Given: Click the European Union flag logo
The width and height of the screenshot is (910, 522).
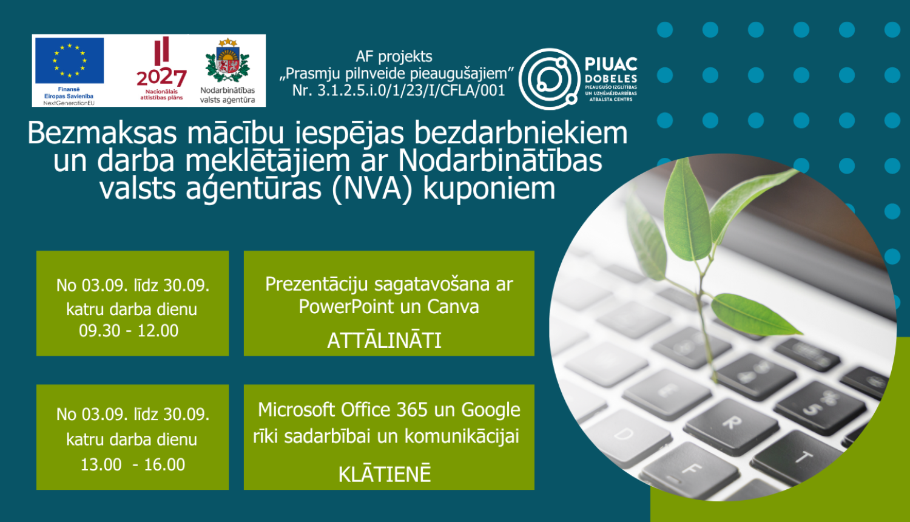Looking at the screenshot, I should [69, 60].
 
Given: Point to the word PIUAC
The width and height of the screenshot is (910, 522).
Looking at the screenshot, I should [611, 64].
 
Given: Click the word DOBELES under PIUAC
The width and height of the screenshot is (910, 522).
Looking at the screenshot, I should [611, 79].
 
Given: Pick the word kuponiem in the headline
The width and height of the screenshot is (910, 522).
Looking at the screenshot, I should [489, 189].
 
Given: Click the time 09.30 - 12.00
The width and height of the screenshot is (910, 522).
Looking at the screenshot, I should [129, 331].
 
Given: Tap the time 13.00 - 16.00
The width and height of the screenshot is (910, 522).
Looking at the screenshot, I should [133, 465].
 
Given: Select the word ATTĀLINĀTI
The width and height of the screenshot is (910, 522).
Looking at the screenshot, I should [385, 341].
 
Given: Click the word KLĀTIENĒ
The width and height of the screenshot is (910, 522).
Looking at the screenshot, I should [385, 474].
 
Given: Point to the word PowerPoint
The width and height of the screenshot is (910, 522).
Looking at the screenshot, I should [347, 307].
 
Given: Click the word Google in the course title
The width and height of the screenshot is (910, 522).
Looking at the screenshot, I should [491, 410].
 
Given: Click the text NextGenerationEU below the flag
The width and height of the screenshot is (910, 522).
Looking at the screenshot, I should [69, 103].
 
